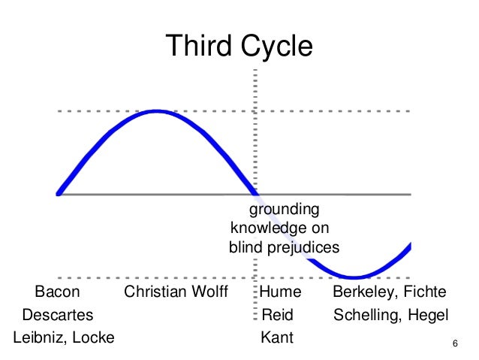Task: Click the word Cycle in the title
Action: [x=275, y=47]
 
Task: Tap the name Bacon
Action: [x=57, y=292]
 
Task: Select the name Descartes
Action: [x=57, y=314]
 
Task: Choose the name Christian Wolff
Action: [x=176, y=292]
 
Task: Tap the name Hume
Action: [x=281, y=292]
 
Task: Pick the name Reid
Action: [x=278, y=314]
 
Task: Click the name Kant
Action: [x=276, y=337]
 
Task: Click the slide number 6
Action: [x=456, y=344]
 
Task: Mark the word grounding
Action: [x=285, y=210]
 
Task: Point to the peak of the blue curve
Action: [x=157, y=111]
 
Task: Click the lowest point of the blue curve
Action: [x=355, y=277]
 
